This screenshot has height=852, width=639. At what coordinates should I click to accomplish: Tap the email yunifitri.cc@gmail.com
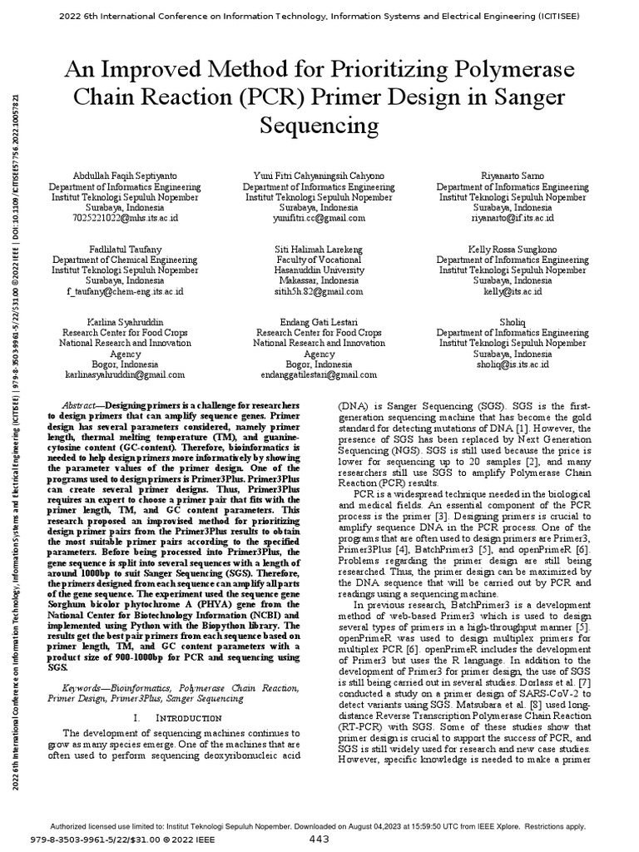click(319, 219)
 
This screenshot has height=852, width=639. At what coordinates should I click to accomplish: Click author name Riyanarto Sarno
click(513, 176)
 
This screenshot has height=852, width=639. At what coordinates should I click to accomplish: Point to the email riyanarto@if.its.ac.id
click(513, 219)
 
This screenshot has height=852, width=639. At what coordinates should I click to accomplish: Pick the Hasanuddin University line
click(319, 271)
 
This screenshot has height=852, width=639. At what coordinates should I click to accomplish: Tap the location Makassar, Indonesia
click(319, 281)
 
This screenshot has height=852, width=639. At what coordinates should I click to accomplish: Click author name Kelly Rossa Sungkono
click(513, 250)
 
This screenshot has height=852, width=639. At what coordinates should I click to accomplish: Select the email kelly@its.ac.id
click(513, 292)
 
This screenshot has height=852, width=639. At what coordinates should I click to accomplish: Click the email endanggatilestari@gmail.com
click(319, 375)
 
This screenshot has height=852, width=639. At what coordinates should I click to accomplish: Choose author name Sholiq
click(513, 322)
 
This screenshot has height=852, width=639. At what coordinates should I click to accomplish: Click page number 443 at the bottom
click(319, 840)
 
